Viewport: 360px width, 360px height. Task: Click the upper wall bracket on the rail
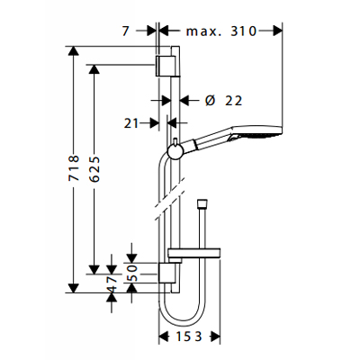click(165, 64)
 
